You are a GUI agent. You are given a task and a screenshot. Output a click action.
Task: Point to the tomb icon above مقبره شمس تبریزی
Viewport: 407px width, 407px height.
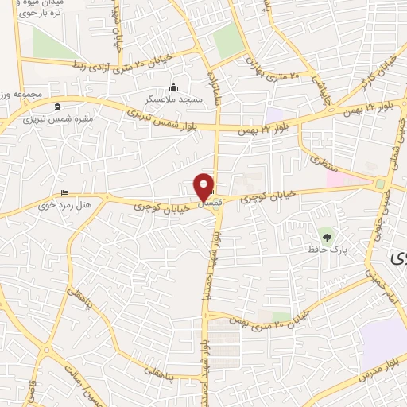(56, 107)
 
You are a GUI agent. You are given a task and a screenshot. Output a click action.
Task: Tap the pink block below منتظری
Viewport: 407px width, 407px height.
(334, 178)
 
